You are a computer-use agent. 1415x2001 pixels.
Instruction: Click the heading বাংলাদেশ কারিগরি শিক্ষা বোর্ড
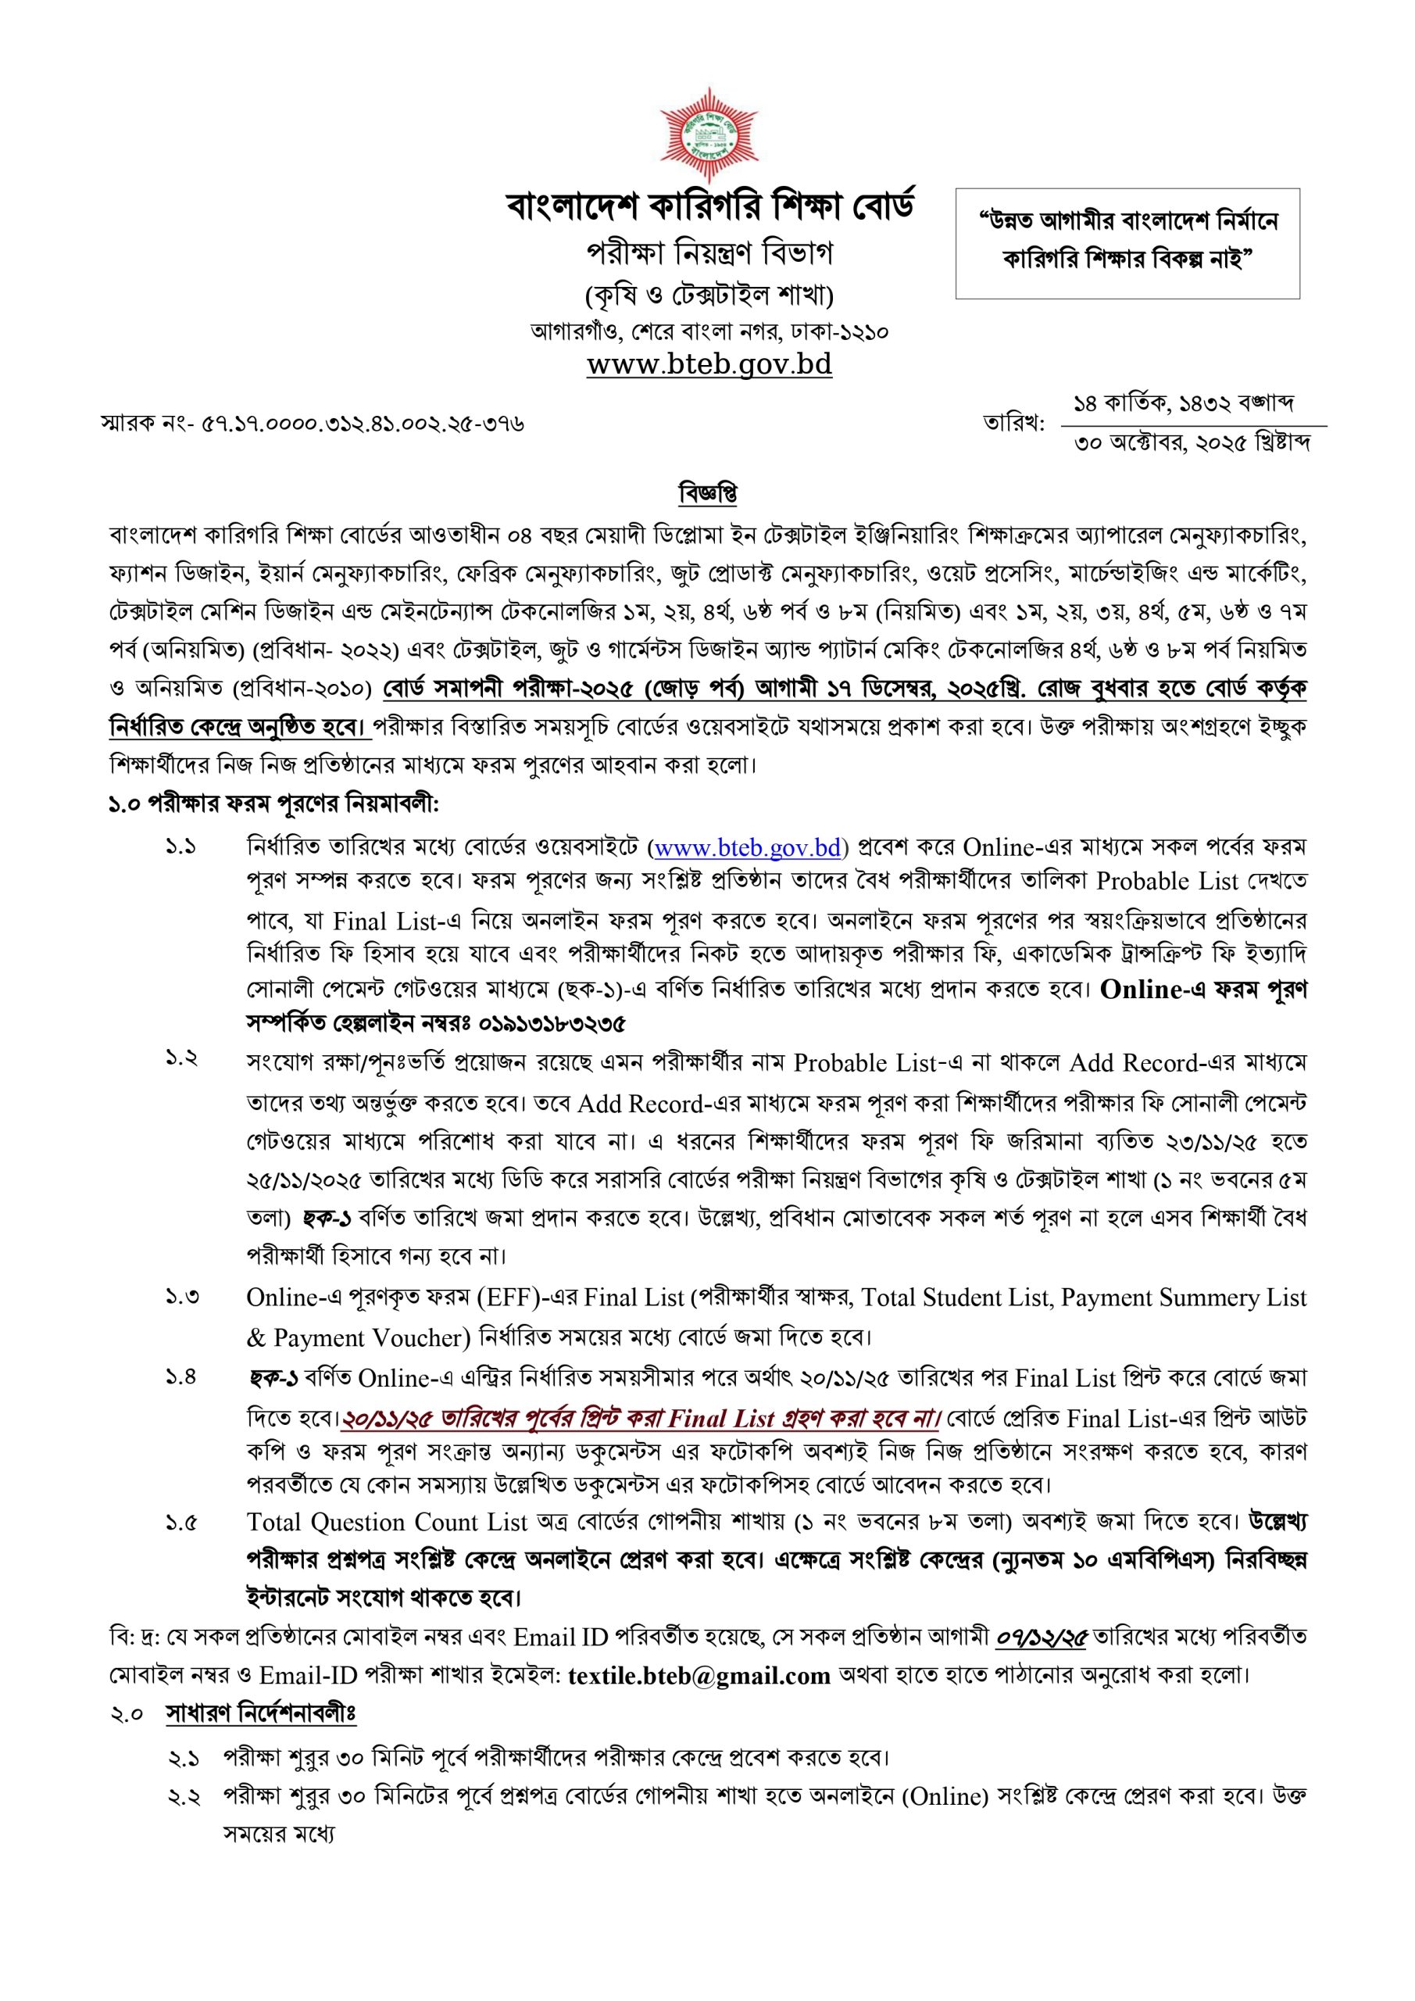709,206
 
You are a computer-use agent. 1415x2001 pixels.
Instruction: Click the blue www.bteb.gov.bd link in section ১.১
747,847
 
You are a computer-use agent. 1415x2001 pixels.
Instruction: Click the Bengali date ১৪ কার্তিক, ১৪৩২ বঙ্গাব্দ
1183,403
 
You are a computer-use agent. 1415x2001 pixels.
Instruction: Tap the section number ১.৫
182,1523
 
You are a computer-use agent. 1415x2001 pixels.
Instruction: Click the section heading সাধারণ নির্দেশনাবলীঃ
260,1714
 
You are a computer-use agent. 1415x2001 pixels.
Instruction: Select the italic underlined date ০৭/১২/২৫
1042,1638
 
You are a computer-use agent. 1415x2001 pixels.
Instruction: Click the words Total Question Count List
387,1523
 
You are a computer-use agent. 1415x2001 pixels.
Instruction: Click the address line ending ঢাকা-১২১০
709,332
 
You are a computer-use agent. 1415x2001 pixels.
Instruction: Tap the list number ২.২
184,1797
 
